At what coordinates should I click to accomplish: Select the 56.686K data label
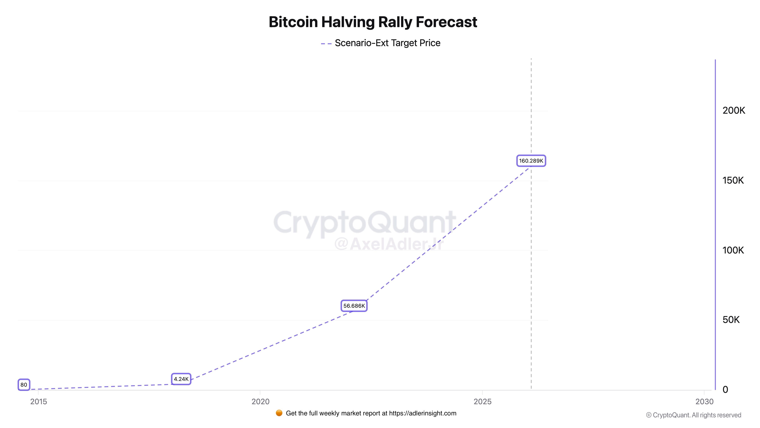pyautogui.click(x=354, y=306)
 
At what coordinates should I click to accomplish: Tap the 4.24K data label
pyautogui.click(x=181, y=379)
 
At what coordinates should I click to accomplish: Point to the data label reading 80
pyautogui.click(x=24, y=385)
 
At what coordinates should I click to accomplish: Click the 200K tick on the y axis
pyautogui.click(x=733, y=111)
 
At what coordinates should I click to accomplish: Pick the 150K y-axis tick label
pyautogui.click(x=733, y=181)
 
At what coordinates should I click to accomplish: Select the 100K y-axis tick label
pyautogui.click(x=733, y=250)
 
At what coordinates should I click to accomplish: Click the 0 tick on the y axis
pyautogui.click(x=725, y=390)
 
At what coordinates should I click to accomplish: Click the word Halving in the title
pyautogui.click(x=348, y=22)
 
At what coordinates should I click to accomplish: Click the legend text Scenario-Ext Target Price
pyautogui.click(x=387, y=43)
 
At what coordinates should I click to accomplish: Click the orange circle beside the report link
pyautogui.click(x=279, y=413)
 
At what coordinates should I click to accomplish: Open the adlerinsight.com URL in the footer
pyautogui.click(x=423, y=413)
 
